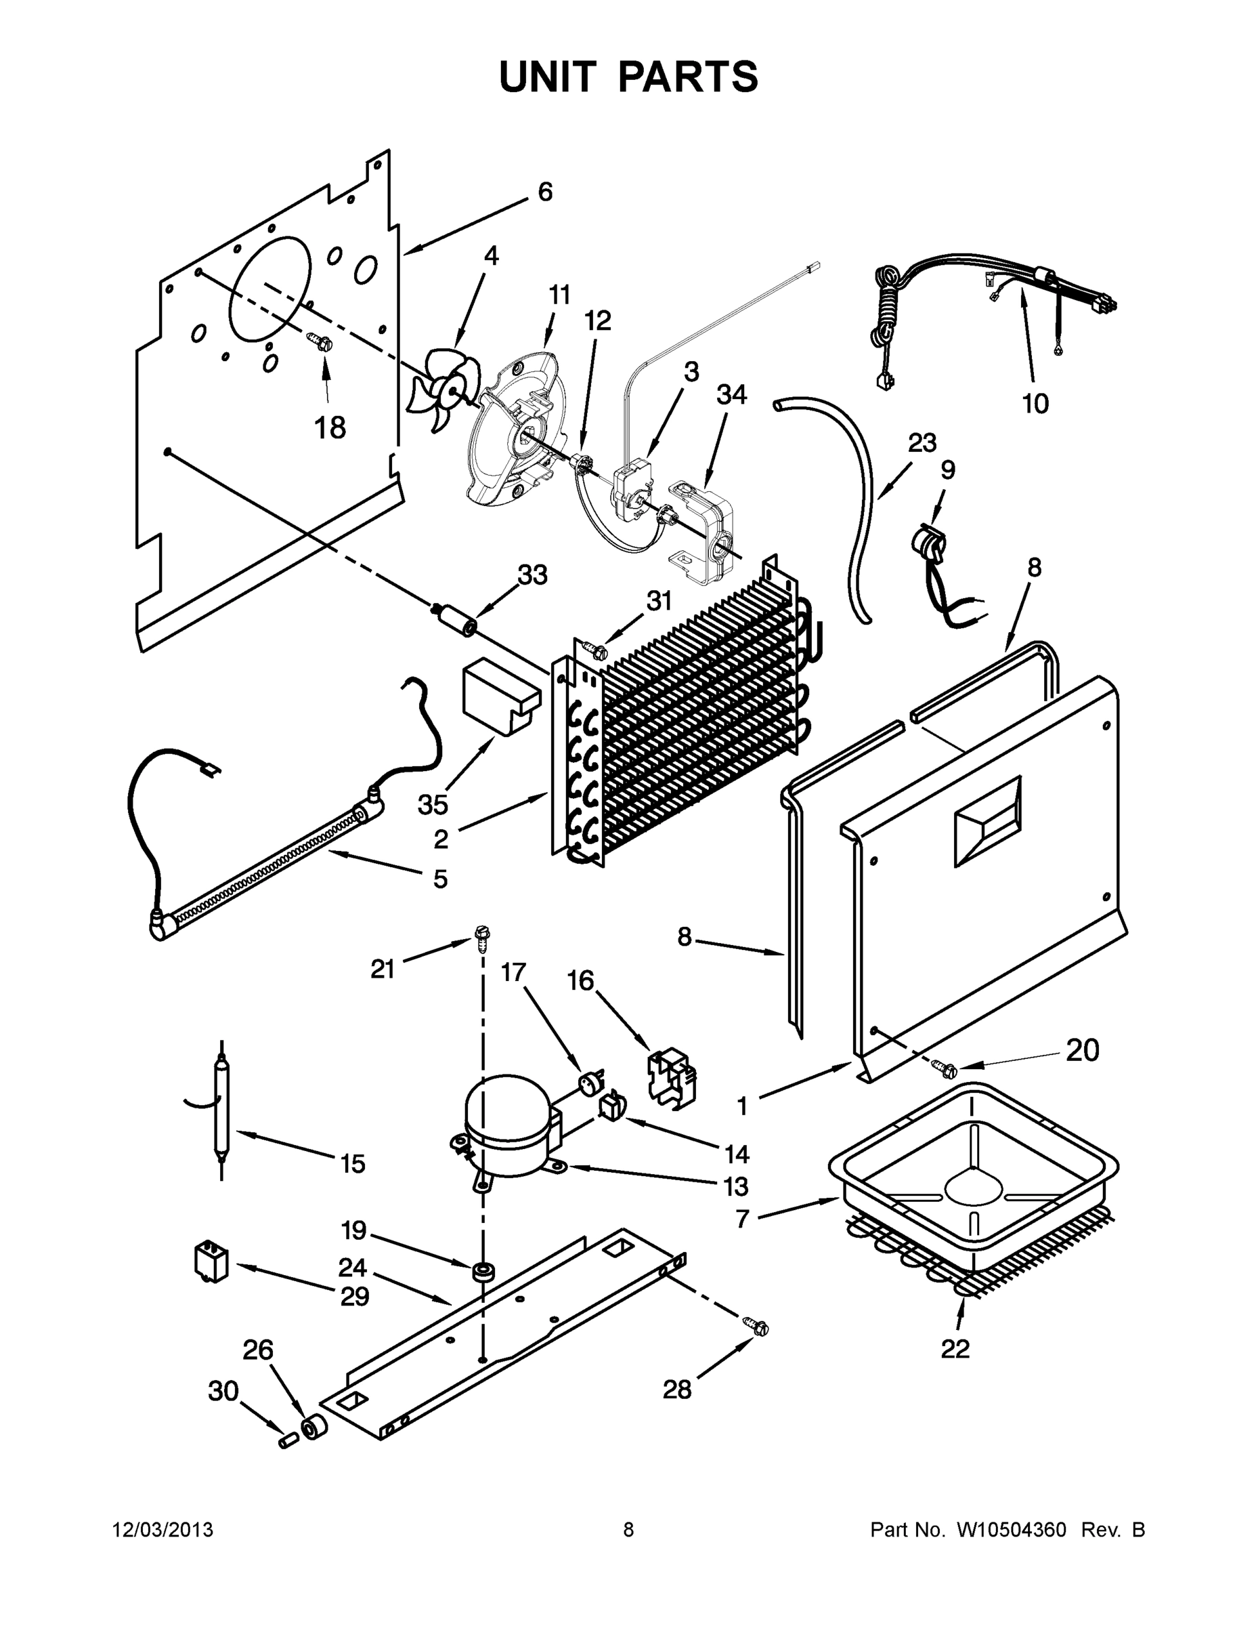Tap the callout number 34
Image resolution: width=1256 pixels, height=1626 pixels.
731,394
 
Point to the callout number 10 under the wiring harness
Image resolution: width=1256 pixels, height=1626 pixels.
1035,404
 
